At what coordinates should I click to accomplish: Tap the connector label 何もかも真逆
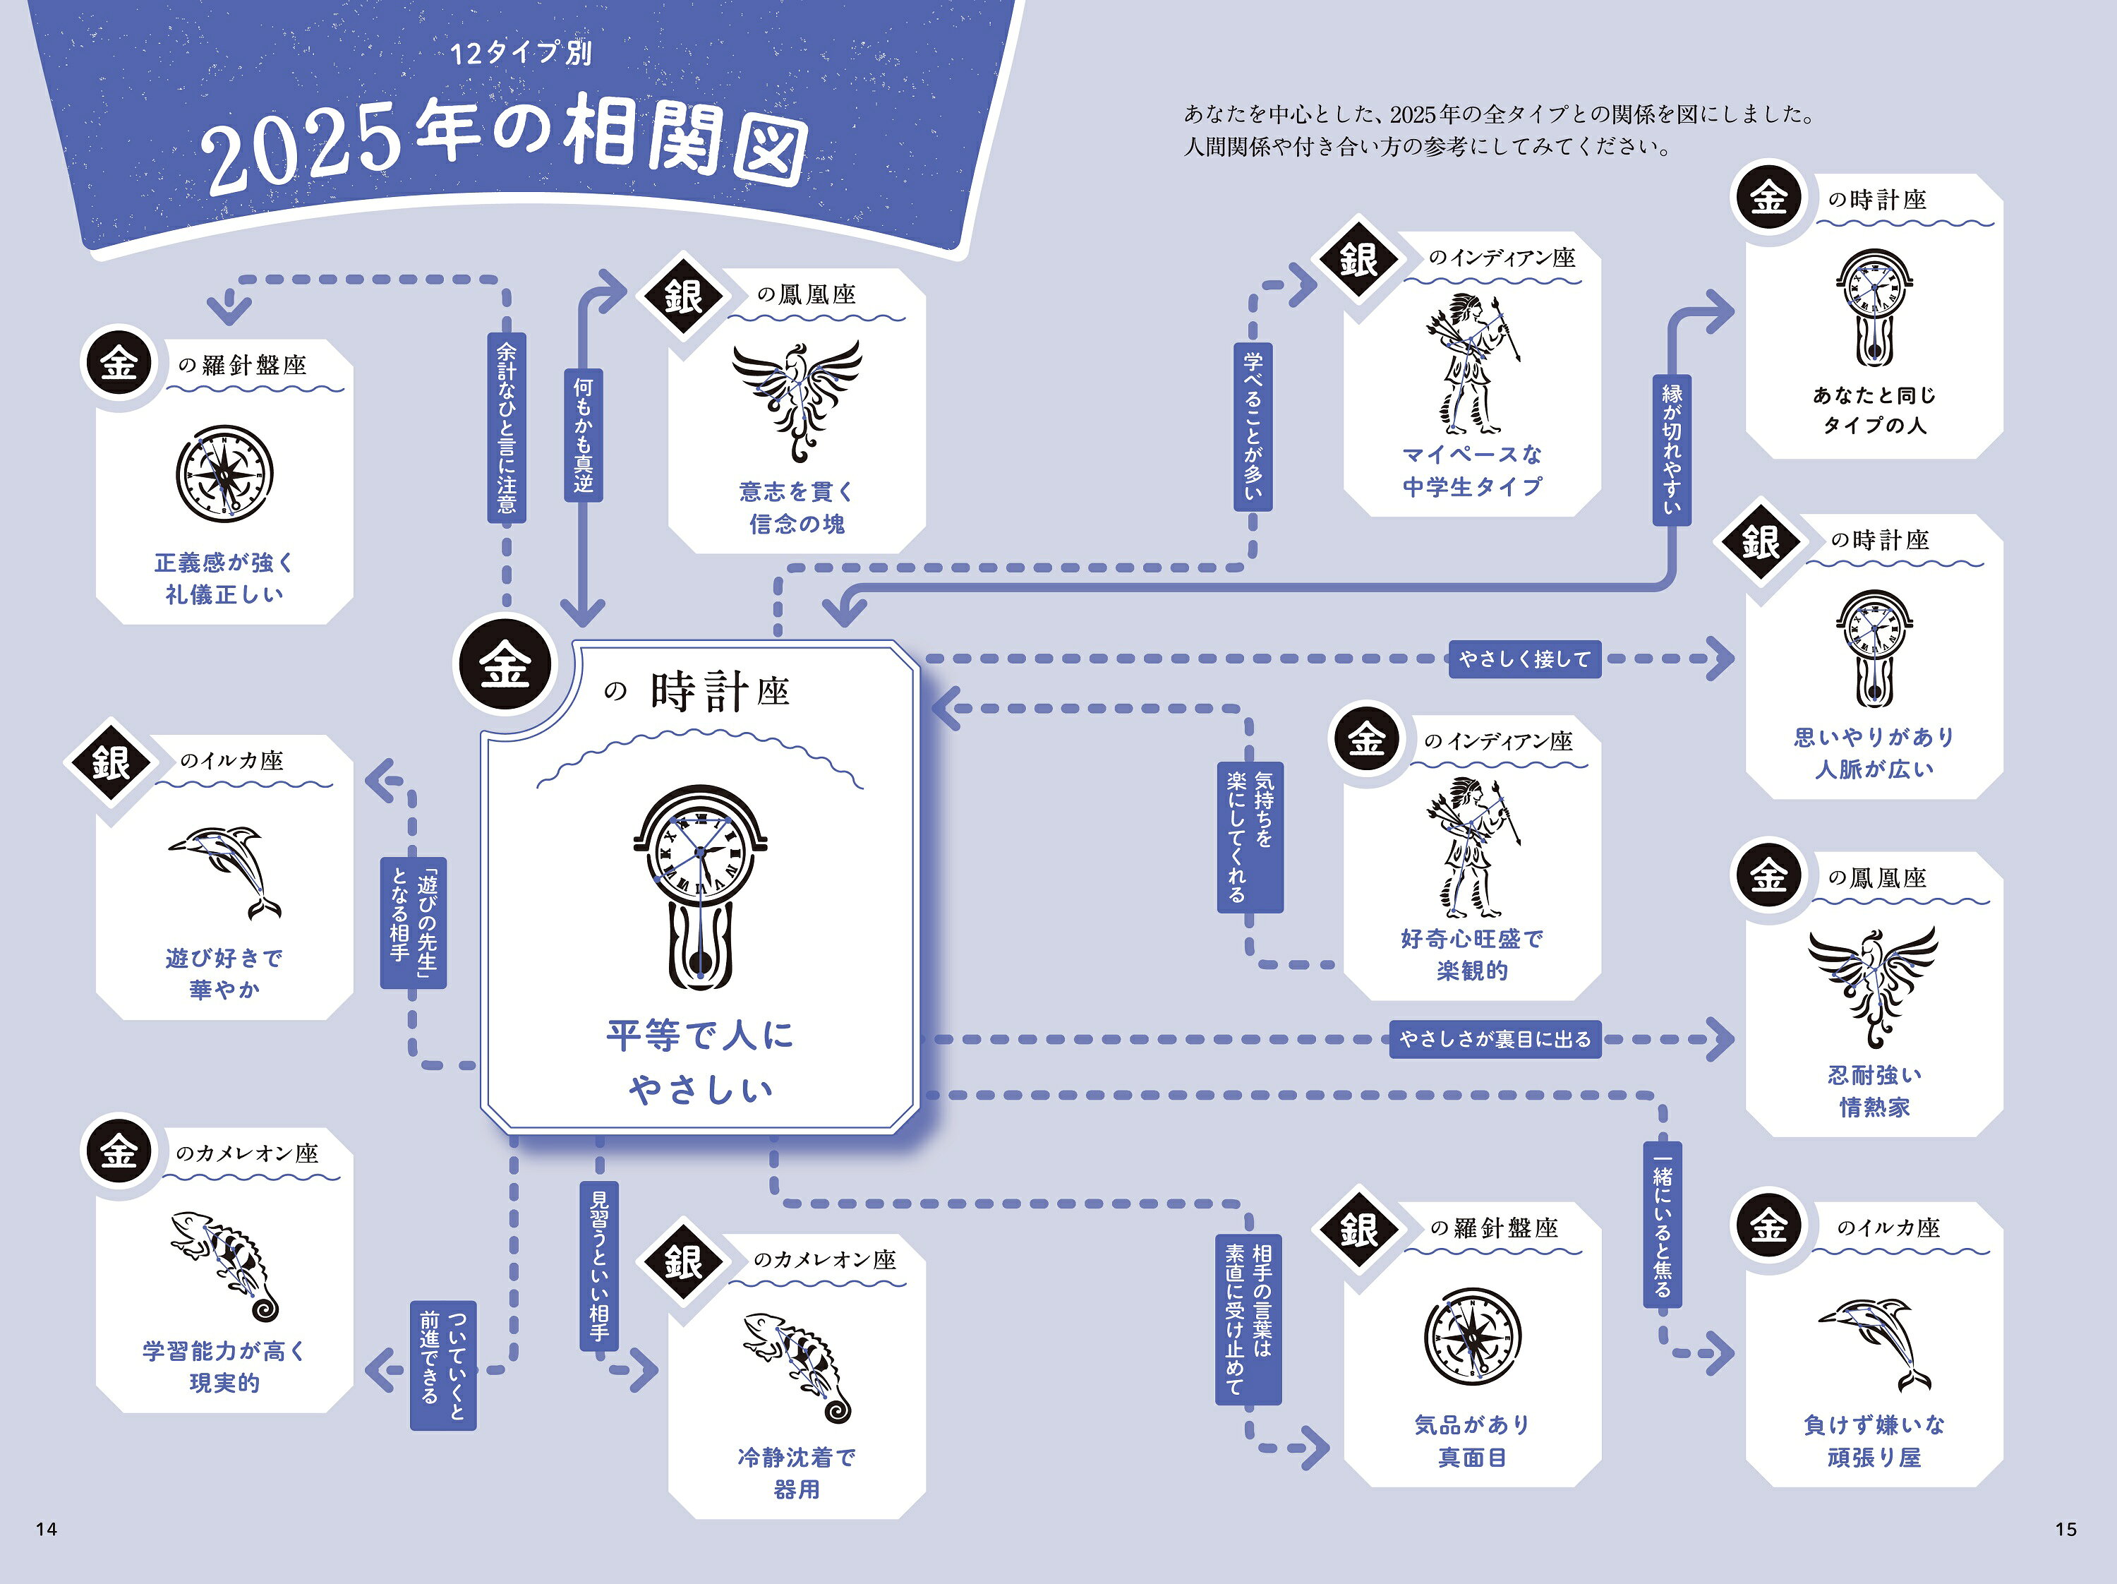click(x=583, y=436)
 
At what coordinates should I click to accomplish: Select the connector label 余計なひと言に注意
click(x=506, y=427)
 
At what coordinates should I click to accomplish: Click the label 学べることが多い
click(x=1253, y=426)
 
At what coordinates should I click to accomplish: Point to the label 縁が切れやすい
click(x=1672, y=449)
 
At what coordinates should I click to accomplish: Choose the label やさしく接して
click(x=1524, y=659)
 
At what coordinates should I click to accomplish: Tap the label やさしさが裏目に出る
click(x=1495, y=1038)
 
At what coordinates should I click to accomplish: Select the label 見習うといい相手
click(x=599, y=1265)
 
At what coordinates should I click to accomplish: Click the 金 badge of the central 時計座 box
click(x=505, y=664)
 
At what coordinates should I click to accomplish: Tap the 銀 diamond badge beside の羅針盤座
click(x=1358, y=1230)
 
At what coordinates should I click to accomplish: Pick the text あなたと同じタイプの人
click(x=1874, y=409)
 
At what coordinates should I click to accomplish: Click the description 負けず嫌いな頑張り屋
click(x=1874, y=1441)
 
